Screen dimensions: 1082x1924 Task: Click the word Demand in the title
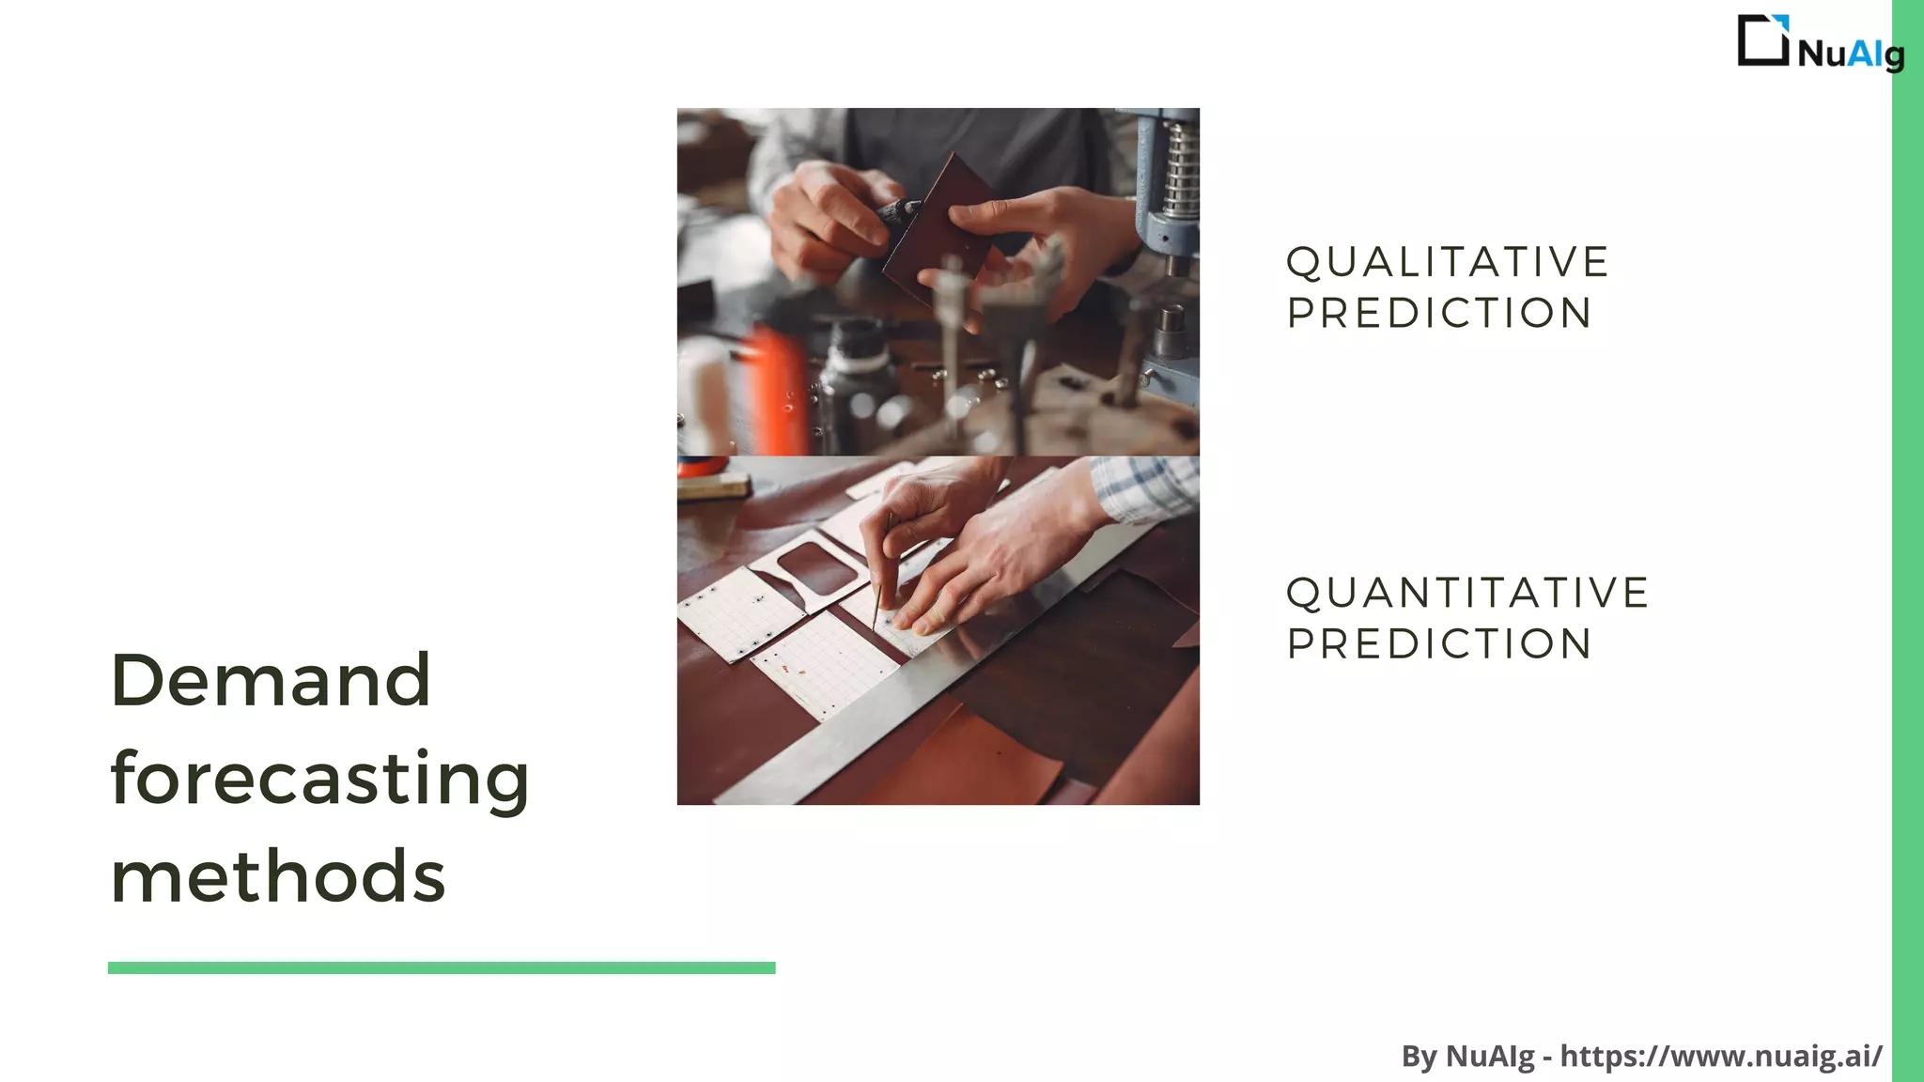[271, 680]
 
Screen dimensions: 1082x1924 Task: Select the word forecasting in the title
[319, 779]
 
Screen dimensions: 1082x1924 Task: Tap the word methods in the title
[278, 877]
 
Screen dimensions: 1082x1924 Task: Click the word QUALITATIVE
[1448, 262]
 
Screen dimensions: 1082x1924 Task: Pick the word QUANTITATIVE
[1467, 593]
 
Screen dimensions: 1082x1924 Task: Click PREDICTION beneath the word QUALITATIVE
[1439, 314]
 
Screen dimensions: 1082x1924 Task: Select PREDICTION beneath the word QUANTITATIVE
[1439, 644]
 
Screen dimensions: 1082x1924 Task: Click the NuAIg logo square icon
[1762, 40]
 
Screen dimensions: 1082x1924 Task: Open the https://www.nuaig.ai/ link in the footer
[1721, 1056]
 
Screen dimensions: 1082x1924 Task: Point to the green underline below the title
[442, 967]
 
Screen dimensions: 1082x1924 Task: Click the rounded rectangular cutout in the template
[817, 568]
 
